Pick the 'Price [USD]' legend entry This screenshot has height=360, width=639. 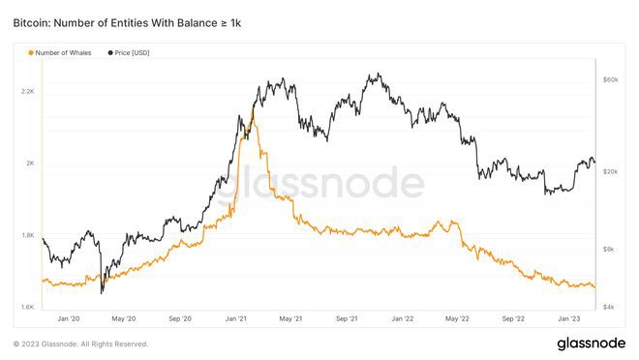[132, 52]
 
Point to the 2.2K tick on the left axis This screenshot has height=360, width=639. [27, 91]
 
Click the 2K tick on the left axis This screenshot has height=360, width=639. [30, 163]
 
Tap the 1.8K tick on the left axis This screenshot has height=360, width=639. [27, 235]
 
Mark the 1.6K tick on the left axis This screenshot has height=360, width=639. [27, 307]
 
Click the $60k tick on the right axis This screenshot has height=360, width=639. [611, 79]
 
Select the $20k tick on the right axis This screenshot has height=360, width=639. [611, 171]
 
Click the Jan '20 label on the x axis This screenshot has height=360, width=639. [69, 317]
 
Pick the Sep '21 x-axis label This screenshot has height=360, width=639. [347, 317]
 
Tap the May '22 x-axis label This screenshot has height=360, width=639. [457, 317]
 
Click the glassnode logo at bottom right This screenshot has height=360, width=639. [591, 344]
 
